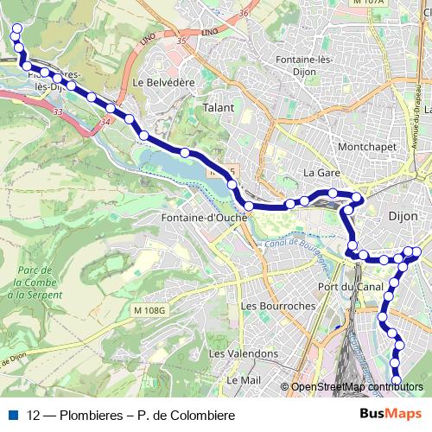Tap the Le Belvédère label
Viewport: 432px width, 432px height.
click(x=164, y=82)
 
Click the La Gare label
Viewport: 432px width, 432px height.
click(x=321, y=173)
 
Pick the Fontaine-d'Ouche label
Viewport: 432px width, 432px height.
click(x=204, y=219)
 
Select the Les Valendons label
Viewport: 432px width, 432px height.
click(x=244, y=353)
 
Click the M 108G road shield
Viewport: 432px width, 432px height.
click(x=149, y=309)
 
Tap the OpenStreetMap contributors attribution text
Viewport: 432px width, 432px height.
click(x=357, y=387)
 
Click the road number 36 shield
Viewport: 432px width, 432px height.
click(x=245, y=13)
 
